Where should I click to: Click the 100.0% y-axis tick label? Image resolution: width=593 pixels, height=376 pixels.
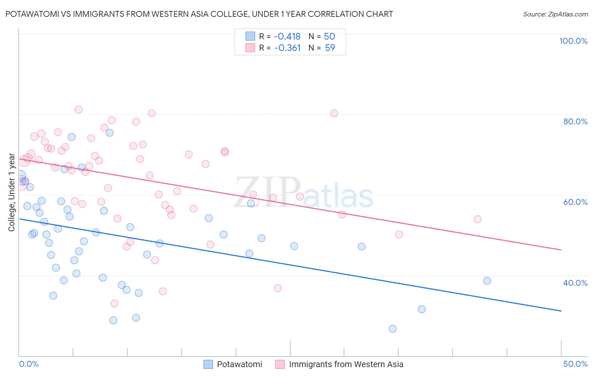[x=573, y=41]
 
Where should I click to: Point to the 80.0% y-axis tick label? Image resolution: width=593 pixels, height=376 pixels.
[x=575, y=121]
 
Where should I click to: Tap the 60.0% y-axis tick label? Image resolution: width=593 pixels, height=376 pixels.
[x=575, y=202]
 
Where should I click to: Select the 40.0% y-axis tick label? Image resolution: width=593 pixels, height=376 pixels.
[x=575, y=283]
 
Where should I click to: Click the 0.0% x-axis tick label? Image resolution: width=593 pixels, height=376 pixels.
[x=29, y=364]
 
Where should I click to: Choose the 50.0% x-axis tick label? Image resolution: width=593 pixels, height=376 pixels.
[x=575, y=364]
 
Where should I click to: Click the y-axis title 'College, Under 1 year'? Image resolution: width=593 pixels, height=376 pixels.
[x=11, y=192]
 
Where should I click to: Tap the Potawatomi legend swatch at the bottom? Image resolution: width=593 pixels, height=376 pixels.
[x=208, y=364]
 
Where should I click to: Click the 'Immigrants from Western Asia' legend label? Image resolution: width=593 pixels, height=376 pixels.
[x=346, y=364]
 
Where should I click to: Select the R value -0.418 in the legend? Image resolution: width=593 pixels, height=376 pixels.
[x=287, y=36]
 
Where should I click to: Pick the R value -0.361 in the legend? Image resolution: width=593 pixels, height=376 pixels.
[x=287, y=48]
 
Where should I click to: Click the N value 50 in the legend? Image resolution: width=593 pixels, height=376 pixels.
[x=329, y=36]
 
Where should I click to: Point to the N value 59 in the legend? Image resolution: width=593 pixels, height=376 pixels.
[x=330, y=48]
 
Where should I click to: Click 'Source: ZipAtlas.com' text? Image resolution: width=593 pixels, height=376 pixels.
[x=555, y=14]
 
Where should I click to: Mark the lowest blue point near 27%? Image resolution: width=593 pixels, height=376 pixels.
[x=393, y=329]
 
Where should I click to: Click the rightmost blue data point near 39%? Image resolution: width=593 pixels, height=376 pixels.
[x=487, y=281]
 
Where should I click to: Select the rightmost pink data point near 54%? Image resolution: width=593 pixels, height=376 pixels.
[x=477, y=219]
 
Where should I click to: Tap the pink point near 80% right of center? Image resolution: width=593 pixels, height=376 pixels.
[x=334, y=113]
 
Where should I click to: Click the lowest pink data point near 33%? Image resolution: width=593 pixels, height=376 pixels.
[x=114, y=303]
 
